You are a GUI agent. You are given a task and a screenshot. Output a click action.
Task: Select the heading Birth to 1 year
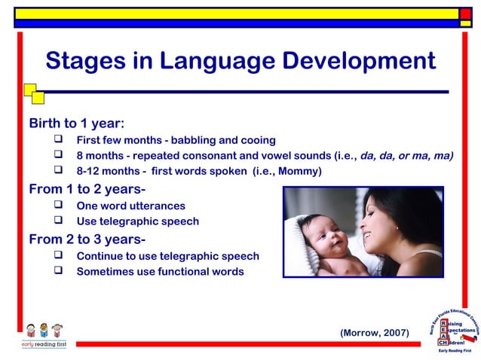76,123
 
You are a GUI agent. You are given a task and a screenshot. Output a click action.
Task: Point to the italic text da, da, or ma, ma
406,156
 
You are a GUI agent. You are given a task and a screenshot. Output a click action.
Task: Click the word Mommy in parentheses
299,172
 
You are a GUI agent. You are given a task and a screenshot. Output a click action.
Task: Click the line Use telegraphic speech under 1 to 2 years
137,221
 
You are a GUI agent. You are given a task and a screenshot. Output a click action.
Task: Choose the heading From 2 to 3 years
87,239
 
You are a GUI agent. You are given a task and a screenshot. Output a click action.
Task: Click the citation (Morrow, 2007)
375,332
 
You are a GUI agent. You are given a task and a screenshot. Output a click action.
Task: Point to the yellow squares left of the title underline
33,93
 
